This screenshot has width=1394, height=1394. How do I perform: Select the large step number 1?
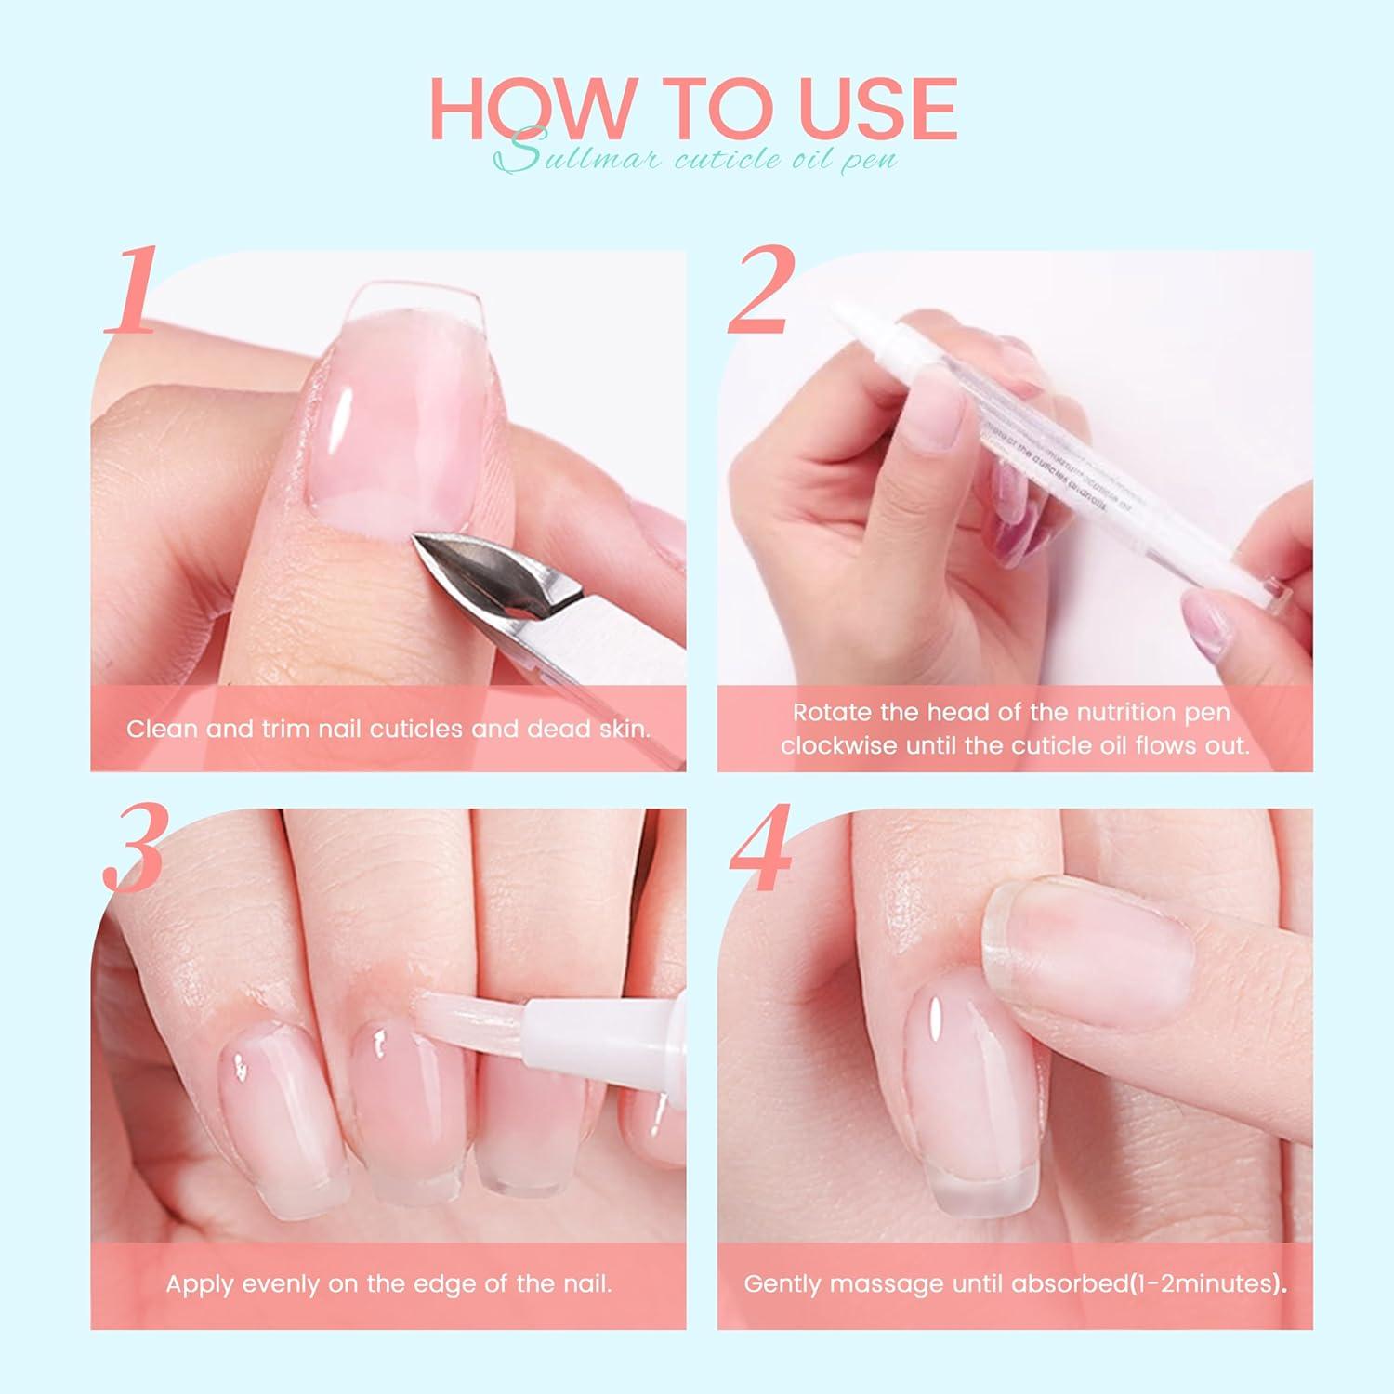pyautogui.click(x=130, y=293)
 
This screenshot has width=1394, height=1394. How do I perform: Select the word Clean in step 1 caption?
pyautogui.click(x=164, y=728)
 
